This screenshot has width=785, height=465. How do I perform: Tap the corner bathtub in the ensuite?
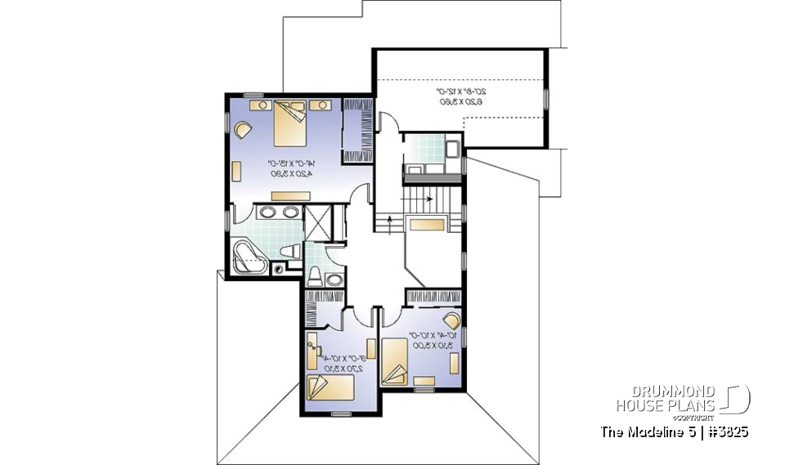[246, 256]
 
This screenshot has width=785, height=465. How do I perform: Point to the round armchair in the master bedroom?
[243, 128]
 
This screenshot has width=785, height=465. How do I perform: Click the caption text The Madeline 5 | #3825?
[674, 431]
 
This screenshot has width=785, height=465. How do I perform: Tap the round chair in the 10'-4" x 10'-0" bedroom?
[451, 320]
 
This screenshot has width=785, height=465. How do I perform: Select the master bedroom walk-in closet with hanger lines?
[357, 129]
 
